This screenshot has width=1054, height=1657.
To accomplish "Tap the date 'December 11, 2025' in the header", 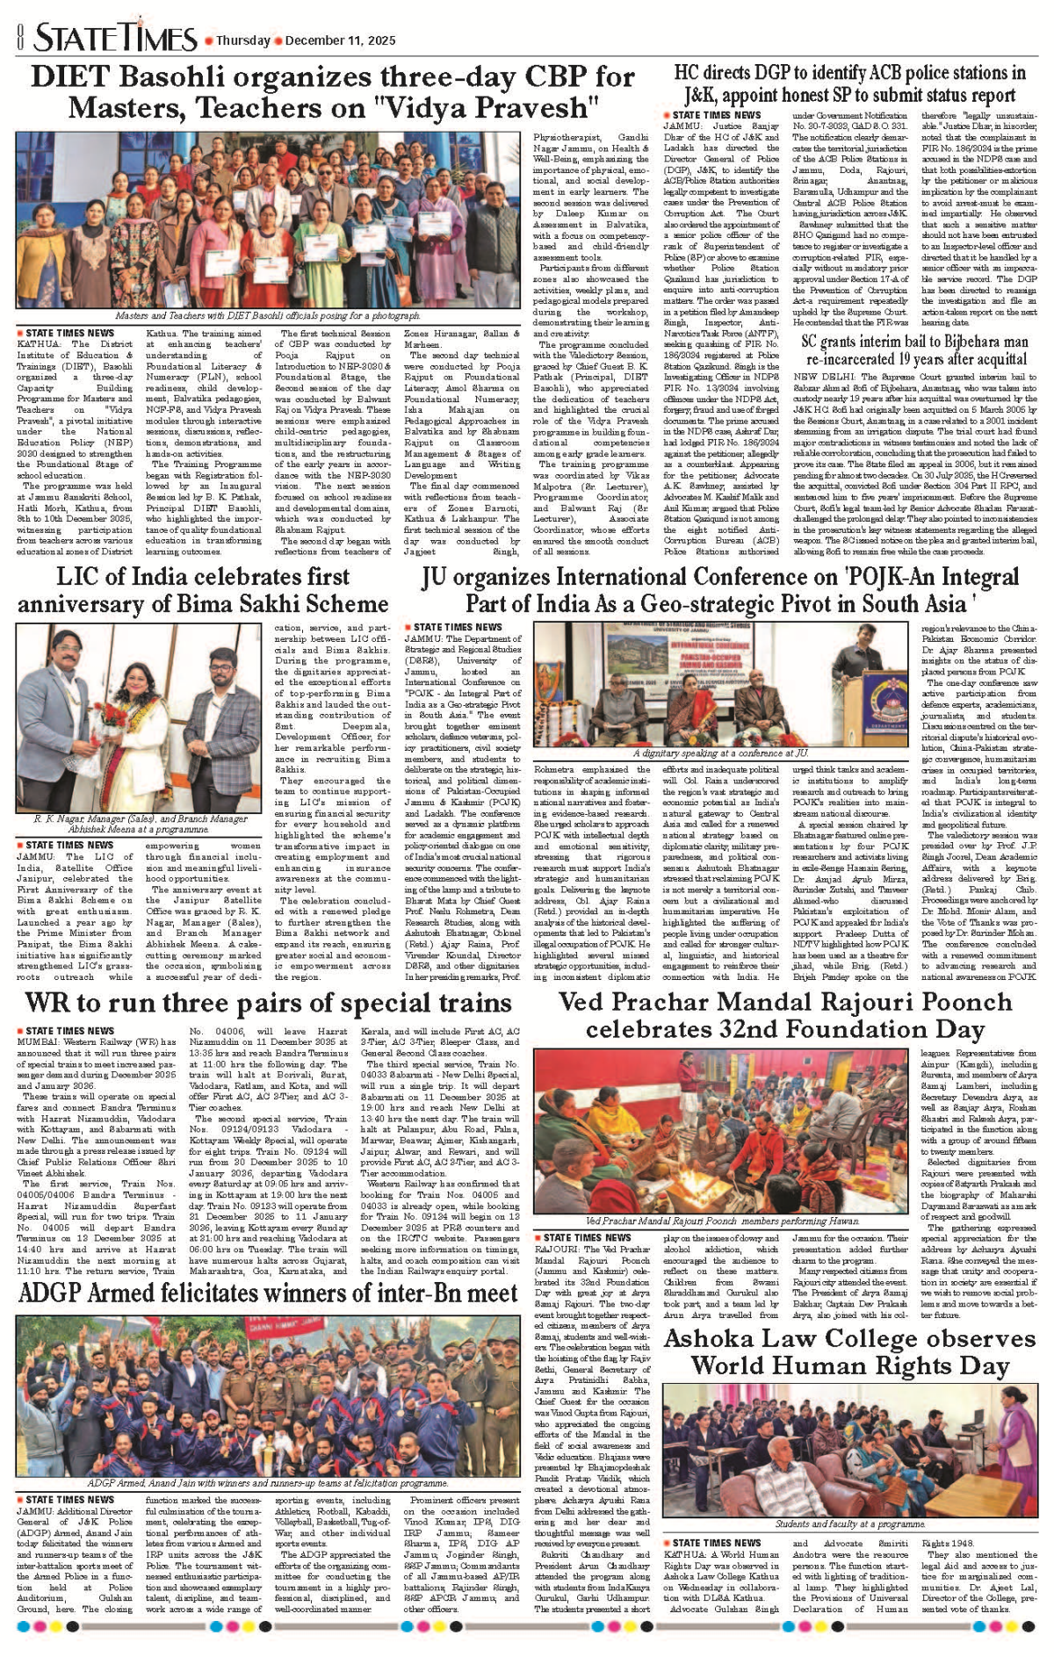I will pos(340,40).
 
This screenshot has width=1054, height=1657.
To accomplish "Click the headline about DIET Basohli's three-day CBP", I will pos(332,92).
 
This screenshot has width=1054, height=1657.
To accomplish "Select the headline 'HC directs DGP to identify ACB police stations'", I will pos(849,84).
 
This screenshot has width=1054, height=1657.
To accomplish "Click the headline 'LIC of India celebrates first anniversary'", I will pos(203,590).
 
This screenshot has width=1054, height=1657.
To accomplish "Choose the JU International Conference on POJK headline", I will pos(720,590).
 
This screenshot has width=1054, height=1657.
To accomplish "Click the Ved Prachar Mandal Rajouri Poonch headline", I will pos(785,1015).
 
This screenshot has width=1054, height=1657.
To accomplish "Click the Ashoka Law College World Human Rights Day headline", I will pos(849,1352).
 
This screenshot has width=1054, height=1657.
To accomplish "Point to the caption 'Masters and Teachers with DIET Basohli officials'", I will pos(268,315).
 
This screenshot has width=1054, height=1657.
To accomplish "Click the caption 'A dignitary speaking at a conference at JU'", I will pos(720,753).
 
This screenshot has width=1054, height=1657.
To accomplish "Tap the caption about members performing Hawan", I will pos(722,1221).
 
